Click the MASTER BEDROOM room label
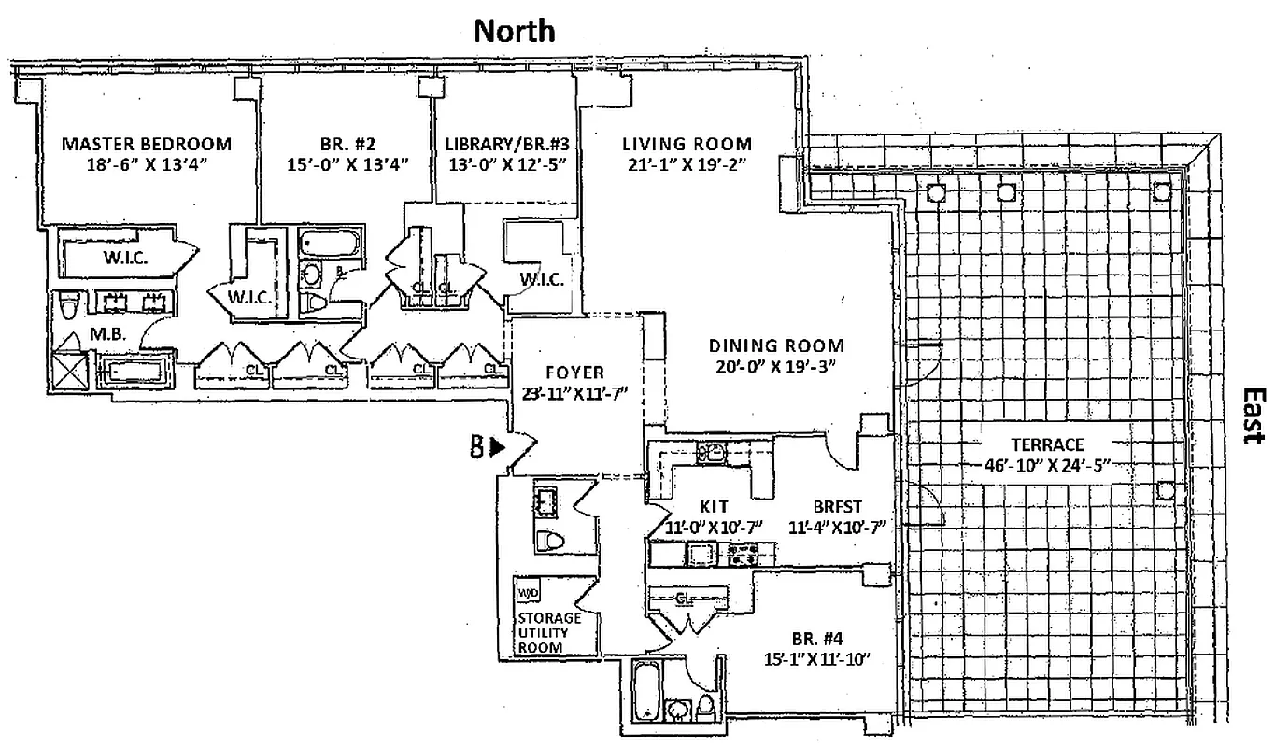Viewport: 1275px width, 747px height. click(146, 145)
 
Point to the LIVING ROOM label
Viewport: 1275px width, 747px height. click(687, 145)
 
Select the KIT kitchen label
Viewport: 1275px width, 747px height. click(715, 506)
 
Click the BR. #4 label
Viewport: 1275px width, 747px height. click(817, 641)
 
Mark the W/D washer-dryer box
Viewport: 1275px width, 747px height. click(527, 594)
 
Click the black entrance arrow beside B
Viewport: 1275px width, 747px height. click(498, 447)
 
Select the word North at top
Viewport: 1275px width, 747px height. click(514, 31)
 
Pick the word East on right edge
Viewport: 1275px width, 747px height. click(1254, 416)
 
